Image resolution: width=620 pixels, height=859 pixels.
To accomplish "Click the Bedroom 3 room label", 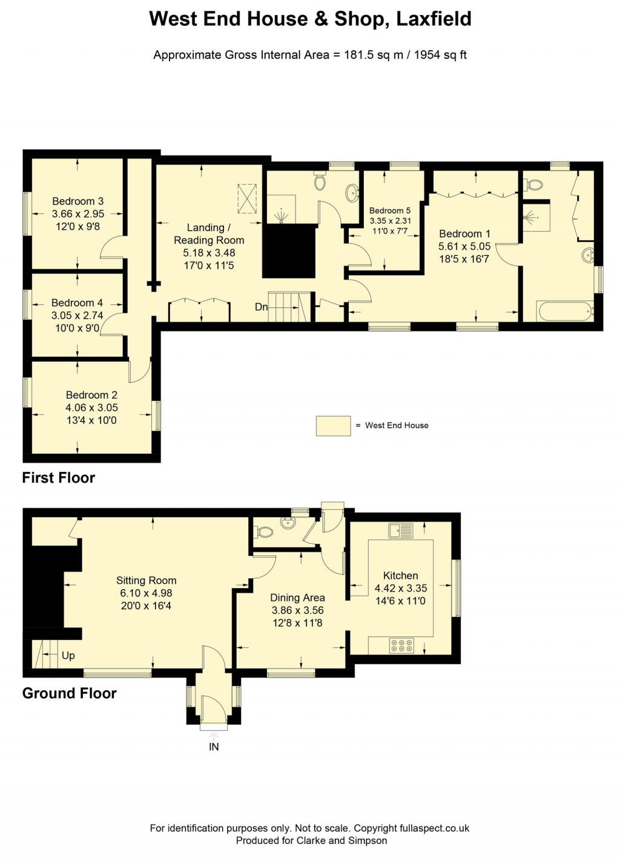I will tap(77, 201).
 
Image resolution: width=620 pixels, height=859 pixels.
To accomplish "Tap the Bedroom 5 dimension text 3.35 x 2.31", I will tap(390, 221).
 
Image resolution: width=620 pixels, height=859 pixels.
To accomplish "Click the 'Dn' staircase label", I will tap(261, 307).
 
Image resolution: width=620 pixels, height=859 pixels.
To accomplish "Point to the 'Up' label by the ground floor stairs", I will tap(68, 656).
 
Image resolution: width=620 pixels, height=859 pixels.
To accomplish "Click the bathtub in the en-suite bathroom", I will tap(564, 311).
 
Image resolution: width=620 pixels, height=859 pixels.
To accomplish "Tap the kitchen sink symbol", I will tap(401, 531).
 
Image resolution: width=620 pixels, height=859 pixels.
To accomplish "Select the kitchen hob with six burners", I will tap(401, 646).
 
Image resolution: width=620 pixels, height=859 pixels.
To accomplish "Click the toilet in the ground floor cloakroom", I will tap(264, 532).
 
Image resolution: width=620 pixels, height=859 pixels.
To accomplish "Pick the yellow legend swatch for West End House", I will tap(333, 426).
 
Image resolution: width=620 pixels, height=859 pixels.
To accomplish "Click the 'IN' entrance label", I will tap(214, 747).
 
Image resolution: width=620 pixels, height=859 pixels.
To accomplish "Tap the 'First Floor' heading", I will tap(59, 478).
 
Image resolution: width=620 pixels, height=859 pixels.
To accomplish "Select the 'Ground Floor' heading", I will tap(69, 693).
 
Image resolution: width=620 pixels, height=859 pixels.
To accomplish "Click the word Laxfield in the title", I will tap(434, 19).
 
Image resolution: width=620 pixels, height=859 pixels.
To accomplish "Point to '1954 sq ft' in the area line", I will tap(440, 55).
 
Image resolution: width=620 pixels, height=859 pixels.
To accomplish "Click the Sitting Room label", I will tap(146, 581).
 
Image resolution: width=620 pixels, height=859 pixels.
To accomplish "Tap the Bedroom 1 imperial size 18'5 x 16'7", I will tap(464, 259).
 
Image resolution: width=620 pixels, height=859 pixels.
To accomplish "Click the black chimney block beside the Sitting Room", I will tap(48, 587).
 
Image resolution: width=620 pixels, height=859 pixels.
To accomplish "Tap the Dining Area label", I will tap(297, 598).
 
